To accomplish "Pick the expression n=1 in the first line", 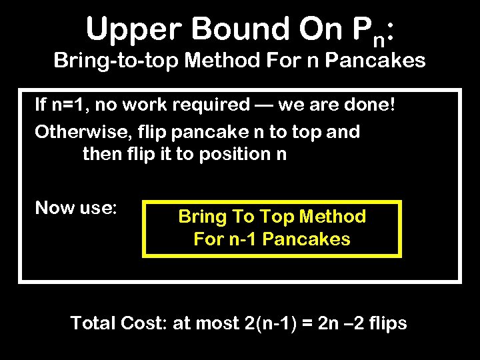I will click(x=70, y=105).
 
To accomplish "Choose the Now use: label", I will click(x=76, y=208).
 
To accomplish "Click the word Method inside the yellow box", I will click(x=333, y=217).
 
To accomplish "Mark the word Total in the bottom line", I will click(x=94, y=323).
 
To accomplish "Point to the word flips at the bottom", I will click(x=385, y=323).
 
